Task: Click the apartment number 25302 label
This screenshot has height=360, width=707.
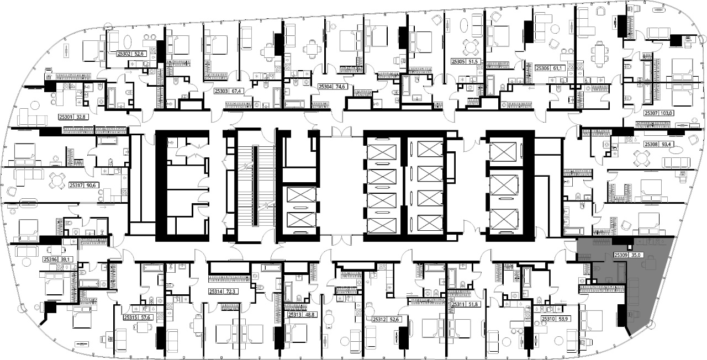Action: (x=124, y=54)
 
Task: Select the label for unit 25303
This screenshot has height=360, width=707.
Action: (x=221, y=91)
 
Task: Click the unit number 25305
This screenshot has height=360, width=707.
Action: (x=458, y=62)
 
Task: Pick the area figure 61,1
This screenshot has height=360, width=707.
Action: (x=558, y=68)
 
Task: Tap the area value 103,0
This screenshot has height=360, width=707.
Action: (x=665, y=113)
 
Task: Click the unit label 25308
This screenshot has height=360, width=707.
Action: (x=651, y=144)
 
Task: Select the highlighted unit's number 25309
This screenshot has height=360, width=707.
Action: (x=620, y=255)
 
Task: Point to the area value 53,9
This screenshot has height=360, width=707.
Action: (x=564, y=319)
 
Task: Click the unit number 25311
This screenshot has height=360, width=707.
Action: (x=458, y=304)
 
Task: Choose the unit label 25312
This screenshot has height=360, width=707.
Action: (x=379, y=320)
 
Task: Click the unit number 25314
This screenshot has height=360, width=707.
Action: (x=215, y=292)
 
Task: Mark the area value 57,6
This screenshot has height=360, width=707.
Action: (x=145, y=317)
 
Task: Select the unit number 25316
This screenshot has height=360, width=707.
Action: (x=50, y=260)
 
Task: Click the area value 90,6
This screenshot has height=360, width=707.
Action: (x=91, y=185)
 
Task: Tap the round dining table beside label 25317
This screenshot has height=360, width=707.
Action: (x=57, y=181)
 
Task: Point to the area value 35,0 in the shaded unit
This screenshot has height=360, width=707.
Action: (x=635, y=255)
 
